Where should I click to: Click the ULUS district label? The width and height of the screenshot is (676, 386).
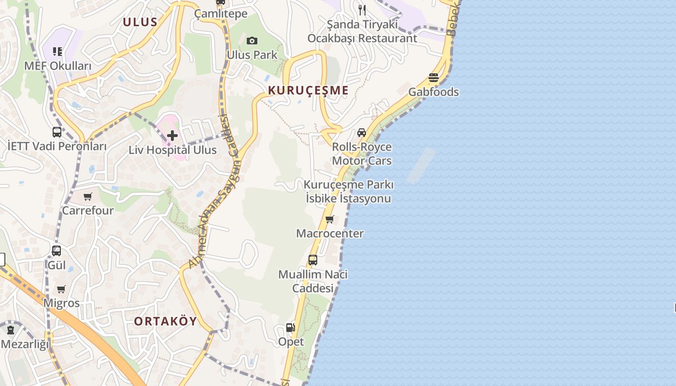140,22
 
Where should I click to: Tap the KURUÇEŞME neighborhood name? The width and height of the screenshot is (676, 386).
308,90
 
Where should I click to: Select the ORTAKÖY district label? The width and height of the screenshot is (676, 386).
166,321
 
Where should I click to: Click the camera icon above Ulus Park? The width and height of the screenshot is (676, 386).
252,41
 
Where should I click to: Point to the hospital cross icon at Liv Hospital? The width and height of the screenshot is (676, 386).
172,136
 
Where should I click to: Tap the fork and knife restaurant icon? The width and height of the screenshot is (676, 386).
362,10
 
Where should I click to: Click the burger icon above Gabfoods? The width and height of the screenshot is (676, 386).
434,78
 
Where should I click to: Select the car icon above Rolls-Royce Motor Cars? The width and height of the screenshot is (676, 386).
362,132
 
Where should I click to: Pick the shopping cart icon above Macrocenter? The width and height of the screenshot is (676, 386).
330,220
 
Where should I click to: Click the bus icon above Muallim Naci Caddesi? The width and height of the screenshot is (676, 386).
313,260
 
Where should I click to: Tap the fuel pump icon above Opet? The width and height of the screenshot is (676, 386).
291,328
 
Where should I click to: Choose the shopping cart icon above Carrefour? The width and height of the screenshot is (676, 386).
88,196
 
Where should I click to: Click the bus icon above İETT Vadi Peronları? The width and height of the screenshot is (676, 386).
57,132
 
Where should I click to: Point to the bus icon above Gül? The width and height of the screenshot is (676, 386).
56,251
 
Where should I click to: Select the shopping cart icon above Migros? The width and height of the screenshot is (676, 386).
61,289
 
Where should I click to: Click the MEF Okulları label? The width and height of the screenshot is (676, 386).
57,66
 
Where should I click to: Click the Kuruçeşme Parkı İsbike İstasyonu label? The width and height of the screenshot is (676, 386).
349,192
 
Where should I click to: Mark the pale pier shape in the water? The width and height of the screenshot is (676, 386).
421,165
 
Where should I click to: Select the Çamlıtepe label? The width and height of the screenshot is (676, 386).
221,14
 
